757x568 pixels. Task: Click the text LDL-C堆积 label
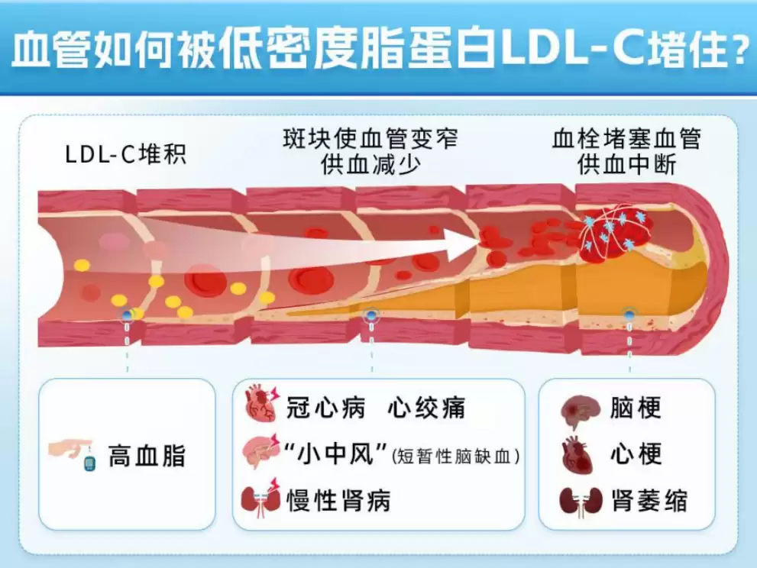tap(125, 154)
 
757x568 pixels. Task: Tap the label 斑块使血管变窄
tap(371, 140)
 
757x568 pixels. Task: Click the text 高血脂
tap(146, 456)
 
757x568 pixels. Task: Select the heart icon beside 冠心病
tap(261, 405)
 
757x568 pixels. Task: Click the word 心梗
tap(636, 454)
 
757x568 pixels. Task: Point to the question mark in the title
tap(738, 52)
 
